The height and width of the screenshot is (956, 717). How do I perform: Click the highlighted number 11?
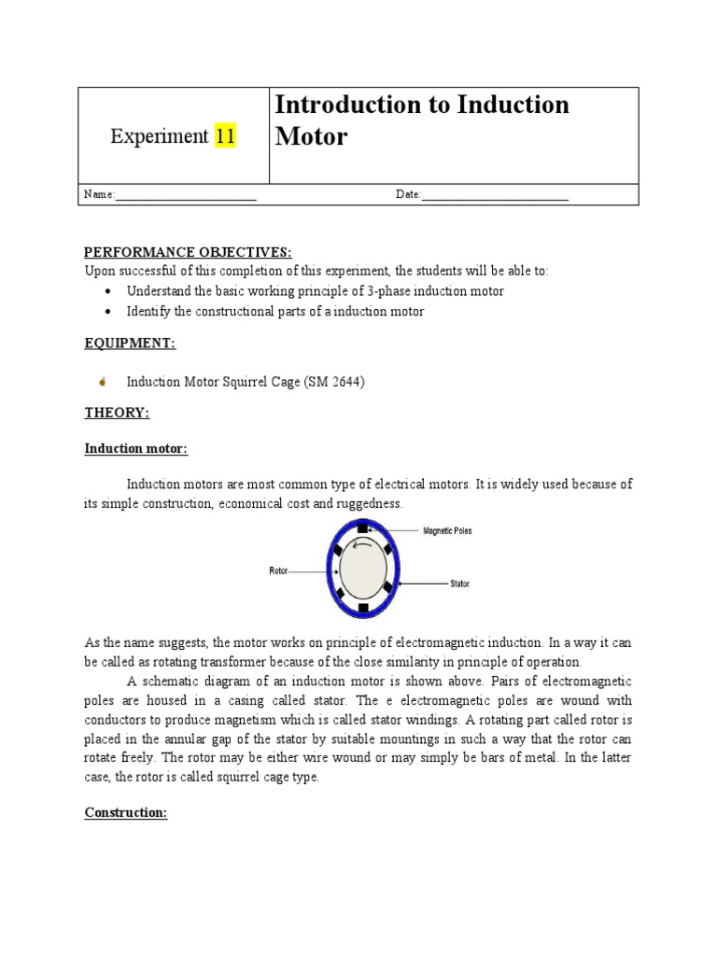pos(225,136)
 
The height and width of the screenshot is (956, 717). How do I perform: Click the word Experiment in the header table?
pos(159,136)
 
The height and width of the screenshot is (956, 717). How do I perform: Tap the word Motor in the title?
pos(311,136)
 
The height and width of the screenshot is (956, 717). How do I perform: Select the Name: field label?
pos(99,194)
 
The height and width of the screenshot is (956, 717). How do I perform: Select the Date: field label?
pos(409,194)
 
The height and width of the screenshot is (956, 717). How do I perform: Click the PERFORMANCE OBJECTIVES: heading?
pos(188,252)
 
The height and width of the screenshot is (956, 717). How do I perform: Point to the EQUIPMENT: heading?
pos(130,344)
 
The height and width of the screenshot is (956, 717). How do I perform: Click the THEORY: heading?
pos(117,413)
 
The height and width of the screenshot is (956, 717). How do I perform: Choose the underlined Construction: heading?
pos(126,812)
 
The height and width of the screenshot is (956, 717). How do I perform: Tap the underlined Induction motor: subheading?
pos(136,449)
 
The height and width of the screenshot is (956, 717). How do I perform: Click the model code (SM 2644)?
pos(334,382)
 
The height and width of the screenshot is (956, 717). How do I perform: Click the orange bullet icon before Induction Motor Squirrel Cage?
pos(102,382)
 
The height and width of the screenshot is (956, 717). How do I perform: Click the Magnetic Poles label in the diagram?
pos(447,531)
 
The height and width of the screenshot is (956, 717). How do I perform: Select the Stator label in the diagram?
pos(459,583)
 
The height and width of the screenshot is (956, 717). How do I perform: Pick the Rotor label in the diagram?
pos(278,569)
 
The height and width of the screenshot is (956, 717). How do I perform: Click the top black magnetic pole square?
pos(362,529)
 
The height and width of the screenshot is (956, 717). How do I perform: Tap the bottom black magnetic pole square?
pos(362,609)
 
